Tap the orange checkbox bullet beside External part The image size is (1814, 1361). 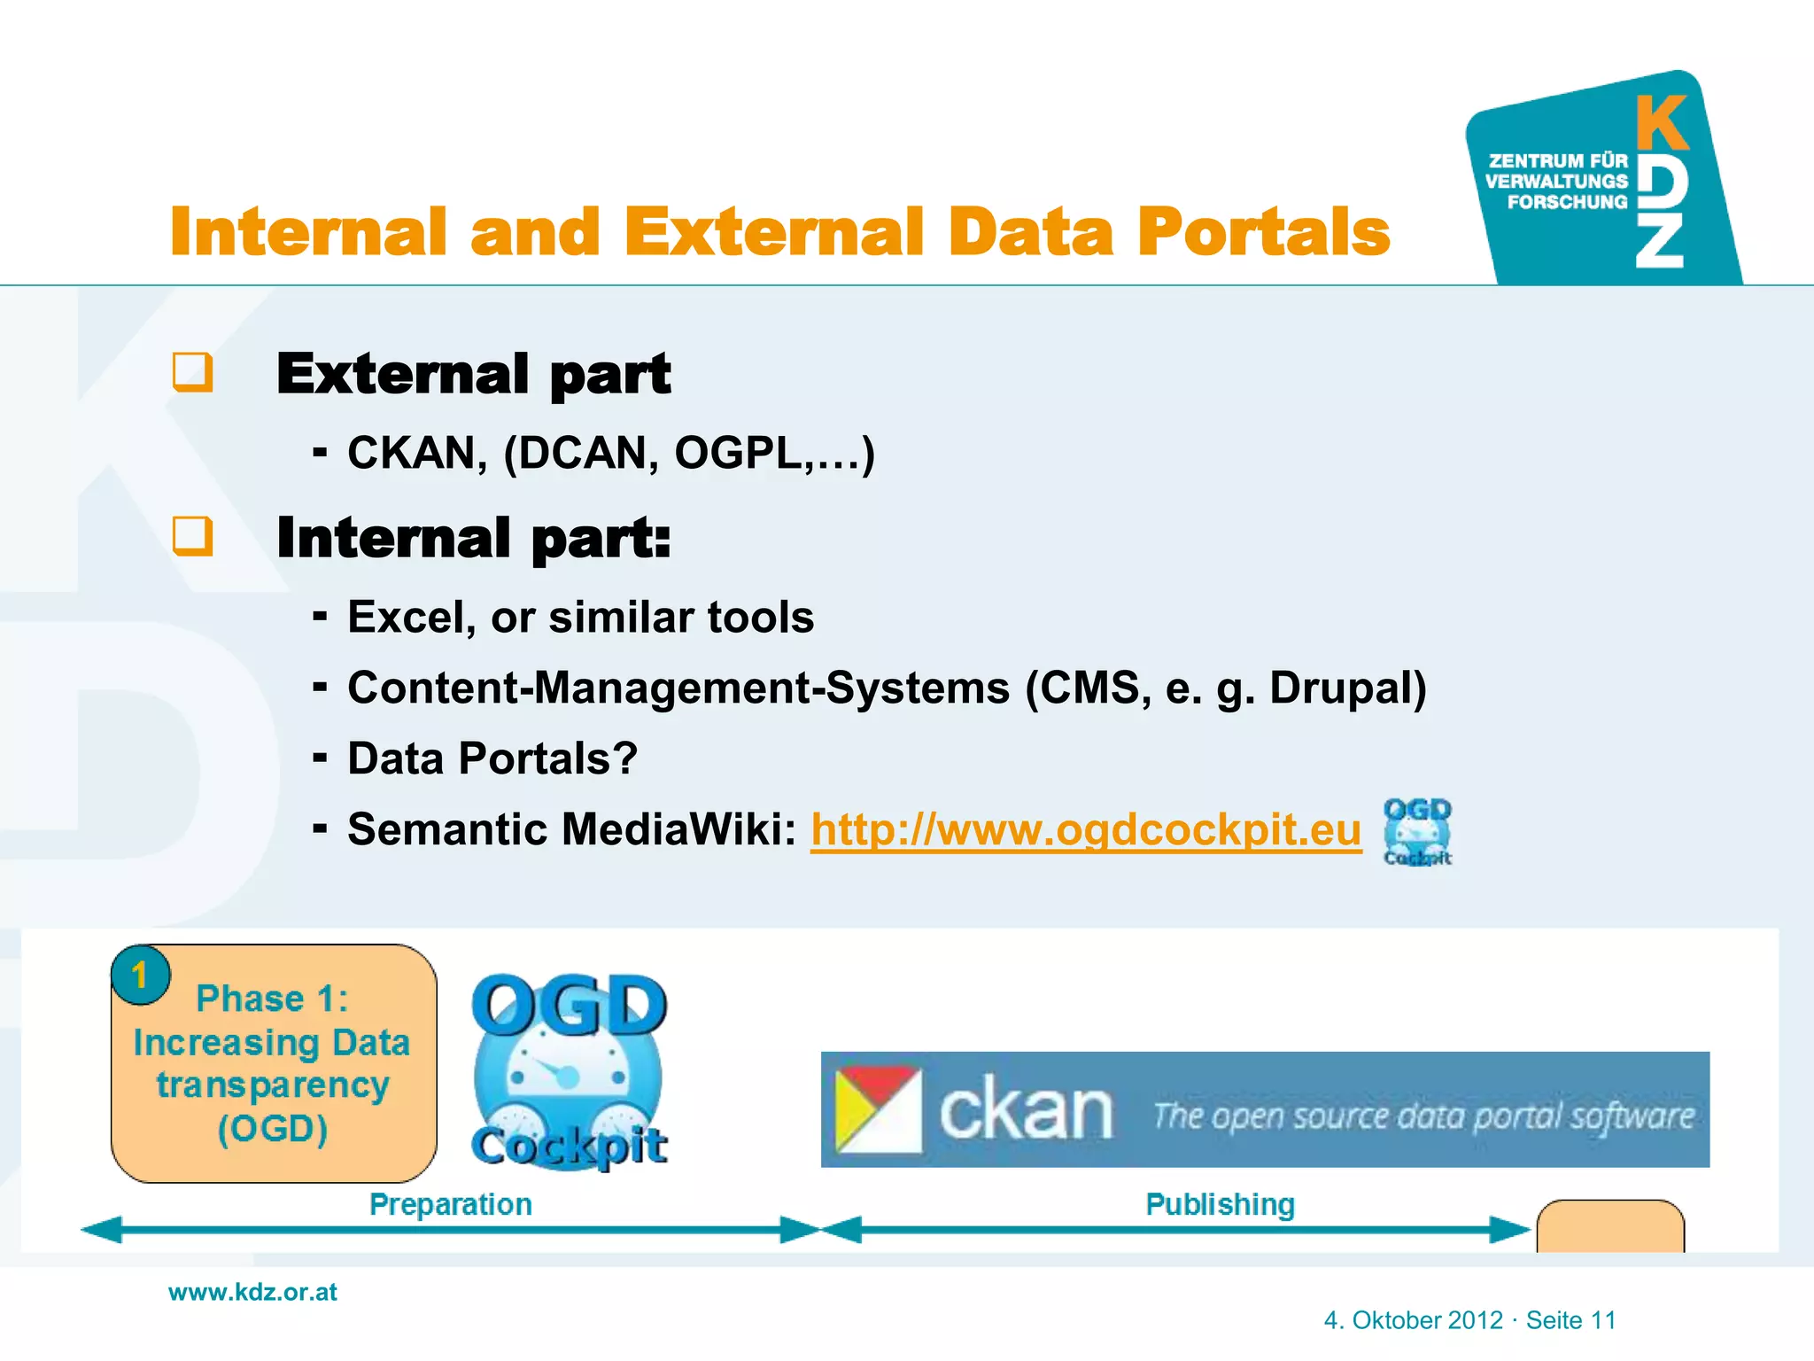coord(192,372)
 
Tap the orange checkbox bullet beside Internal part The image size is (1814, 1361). coord(192,536)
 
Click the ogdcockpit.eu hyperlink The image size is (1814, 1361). coord(1086,830)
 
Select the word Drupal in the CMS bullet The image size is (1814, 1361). coord(1346,688)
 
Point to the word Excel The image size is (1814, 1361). coord(405,618)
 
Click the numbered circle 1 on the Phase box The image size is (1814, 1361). coord(140,975)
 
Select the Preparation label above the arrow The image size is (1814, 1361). coord(450,1204)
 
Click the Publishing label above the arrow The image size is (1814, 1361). coord(1220,1204)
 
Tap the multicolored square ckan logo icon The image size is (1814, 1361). coord(878,1109)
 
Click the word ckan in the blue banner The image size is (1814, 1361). coord(1025,1111)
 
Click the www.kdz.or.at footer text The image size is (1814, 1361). coord(252,1292)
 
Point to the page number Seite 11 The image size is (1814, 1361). coord(1570,1320)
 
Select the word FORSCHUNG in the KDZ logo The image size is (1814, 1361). coord(1567,202)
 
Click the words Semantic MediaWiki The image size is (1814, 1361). coord(571,830)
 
